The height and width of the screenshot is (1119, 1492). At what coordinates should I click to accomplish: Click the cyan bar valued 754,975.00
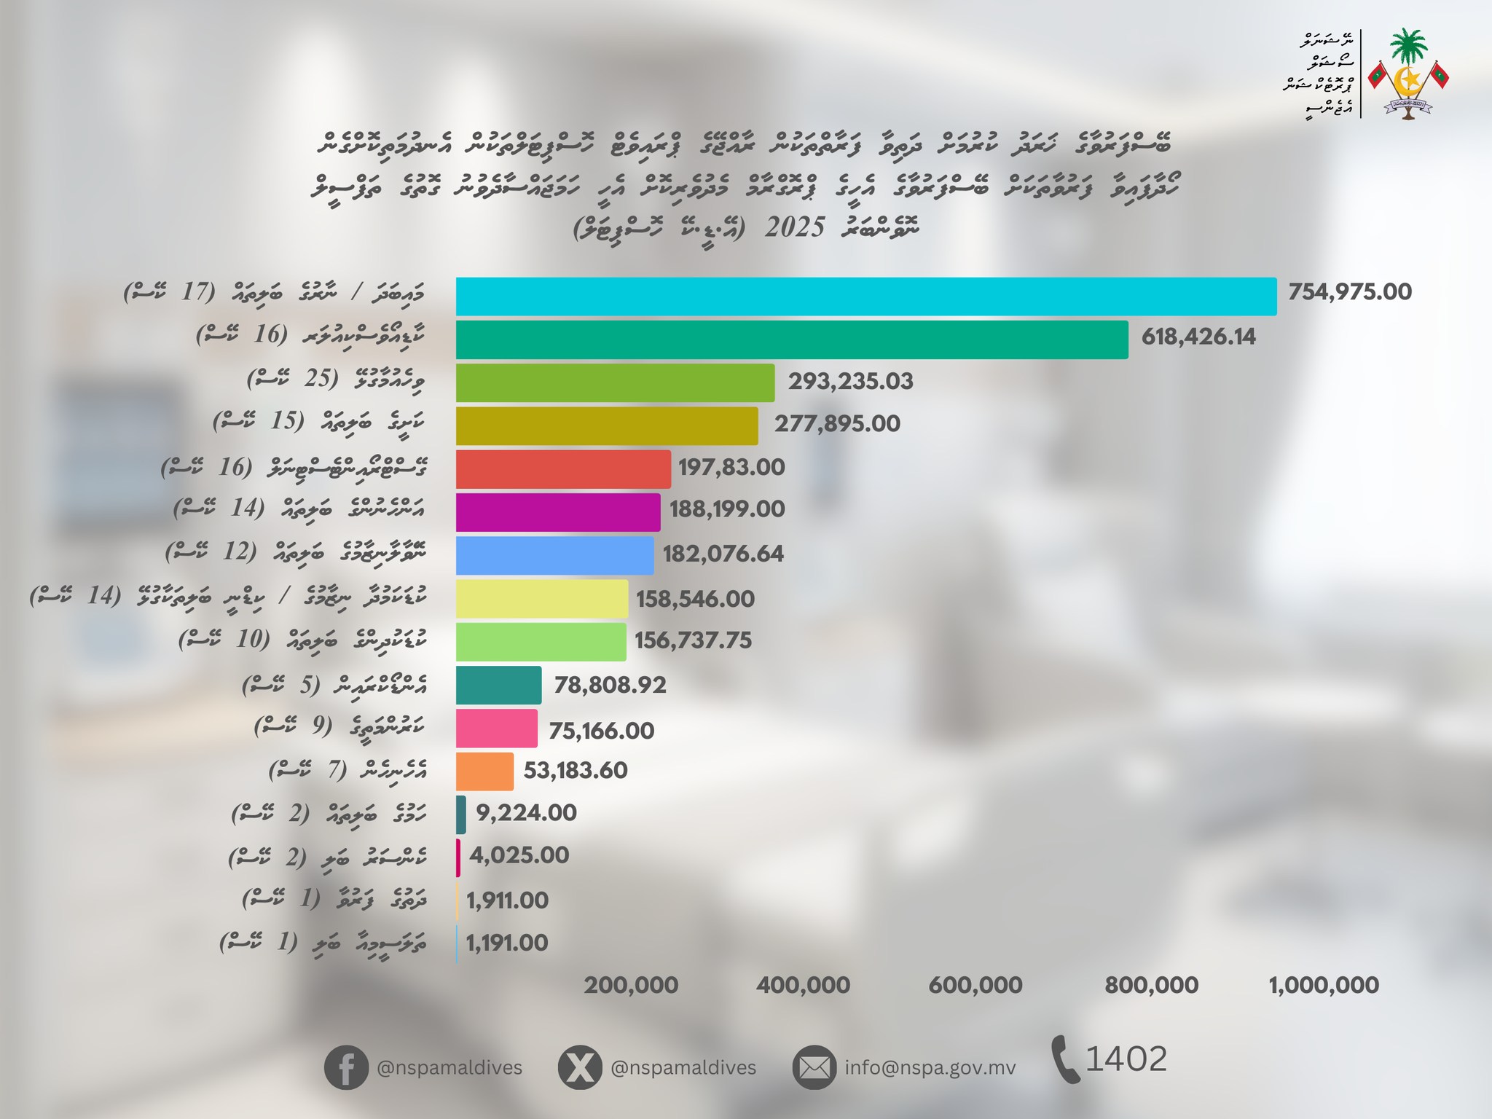[865, 297]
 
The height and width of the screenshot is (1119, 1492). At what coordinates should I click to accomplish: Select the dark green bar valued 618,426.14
[791, 339]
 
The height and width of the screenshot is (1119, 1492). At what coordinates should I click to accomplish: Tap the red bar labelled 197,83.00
[563, 469]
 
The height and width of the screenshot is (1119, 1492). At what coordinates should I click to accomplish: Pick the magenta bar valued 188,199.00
[558, 512]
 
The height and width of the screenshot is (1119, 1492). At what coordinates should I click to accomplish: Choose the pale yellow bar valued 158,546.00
[542, 599]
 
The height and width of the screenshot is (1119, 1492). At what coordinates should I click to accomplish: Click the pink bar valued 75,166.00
[497, 729]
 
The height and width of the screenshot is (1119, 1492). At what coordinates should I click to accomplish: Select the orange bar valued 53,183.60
[484, 771]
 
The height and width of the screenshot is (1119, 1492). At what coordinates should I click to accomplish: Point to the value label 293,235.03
[850, 382]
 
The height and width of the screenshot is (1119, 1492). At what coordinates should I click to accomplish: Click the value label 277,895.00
[837, 424]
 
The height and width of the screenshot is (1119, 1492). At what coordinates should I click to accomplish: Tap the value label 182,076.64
[723, 554]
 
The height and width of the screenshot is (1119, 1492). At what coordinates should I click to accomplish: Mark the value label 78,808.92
[610, 686]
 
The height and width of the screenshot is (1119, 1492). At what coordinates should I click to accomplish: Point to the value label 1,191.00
[507, 943]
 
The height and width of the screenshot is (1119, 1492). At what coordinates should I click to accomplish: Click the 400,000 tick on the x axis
[803, 986]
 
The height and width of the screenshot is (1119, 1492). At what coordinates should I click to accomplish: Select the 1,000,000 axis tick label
[1324, 986]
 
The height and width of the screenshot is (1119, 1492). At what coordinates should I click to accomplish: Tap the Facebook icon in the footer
[346, 1068]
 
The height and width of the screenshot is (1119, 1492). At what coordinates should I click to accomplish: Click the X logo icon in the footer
[579, 1068]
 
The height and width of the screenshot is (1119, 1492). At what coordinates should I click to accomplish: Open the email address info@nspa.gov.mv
[930, 1068]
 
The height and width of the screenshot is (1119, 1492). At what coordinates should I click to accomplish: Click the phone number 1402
[1126, 1059]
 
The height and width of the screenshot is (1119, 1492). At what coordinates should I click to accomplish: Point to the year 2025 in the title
[795, 228]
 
